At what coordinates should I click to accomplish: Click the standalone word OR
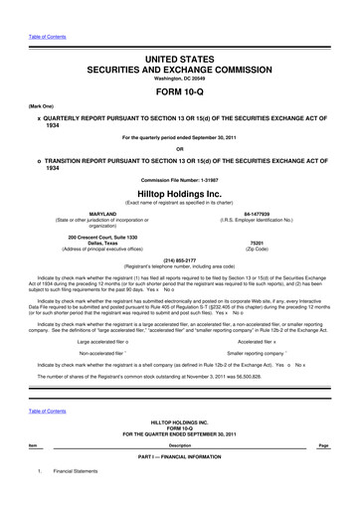click(180, 148)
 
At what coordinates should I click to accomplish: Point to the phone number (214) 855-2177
click(180, 260)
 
